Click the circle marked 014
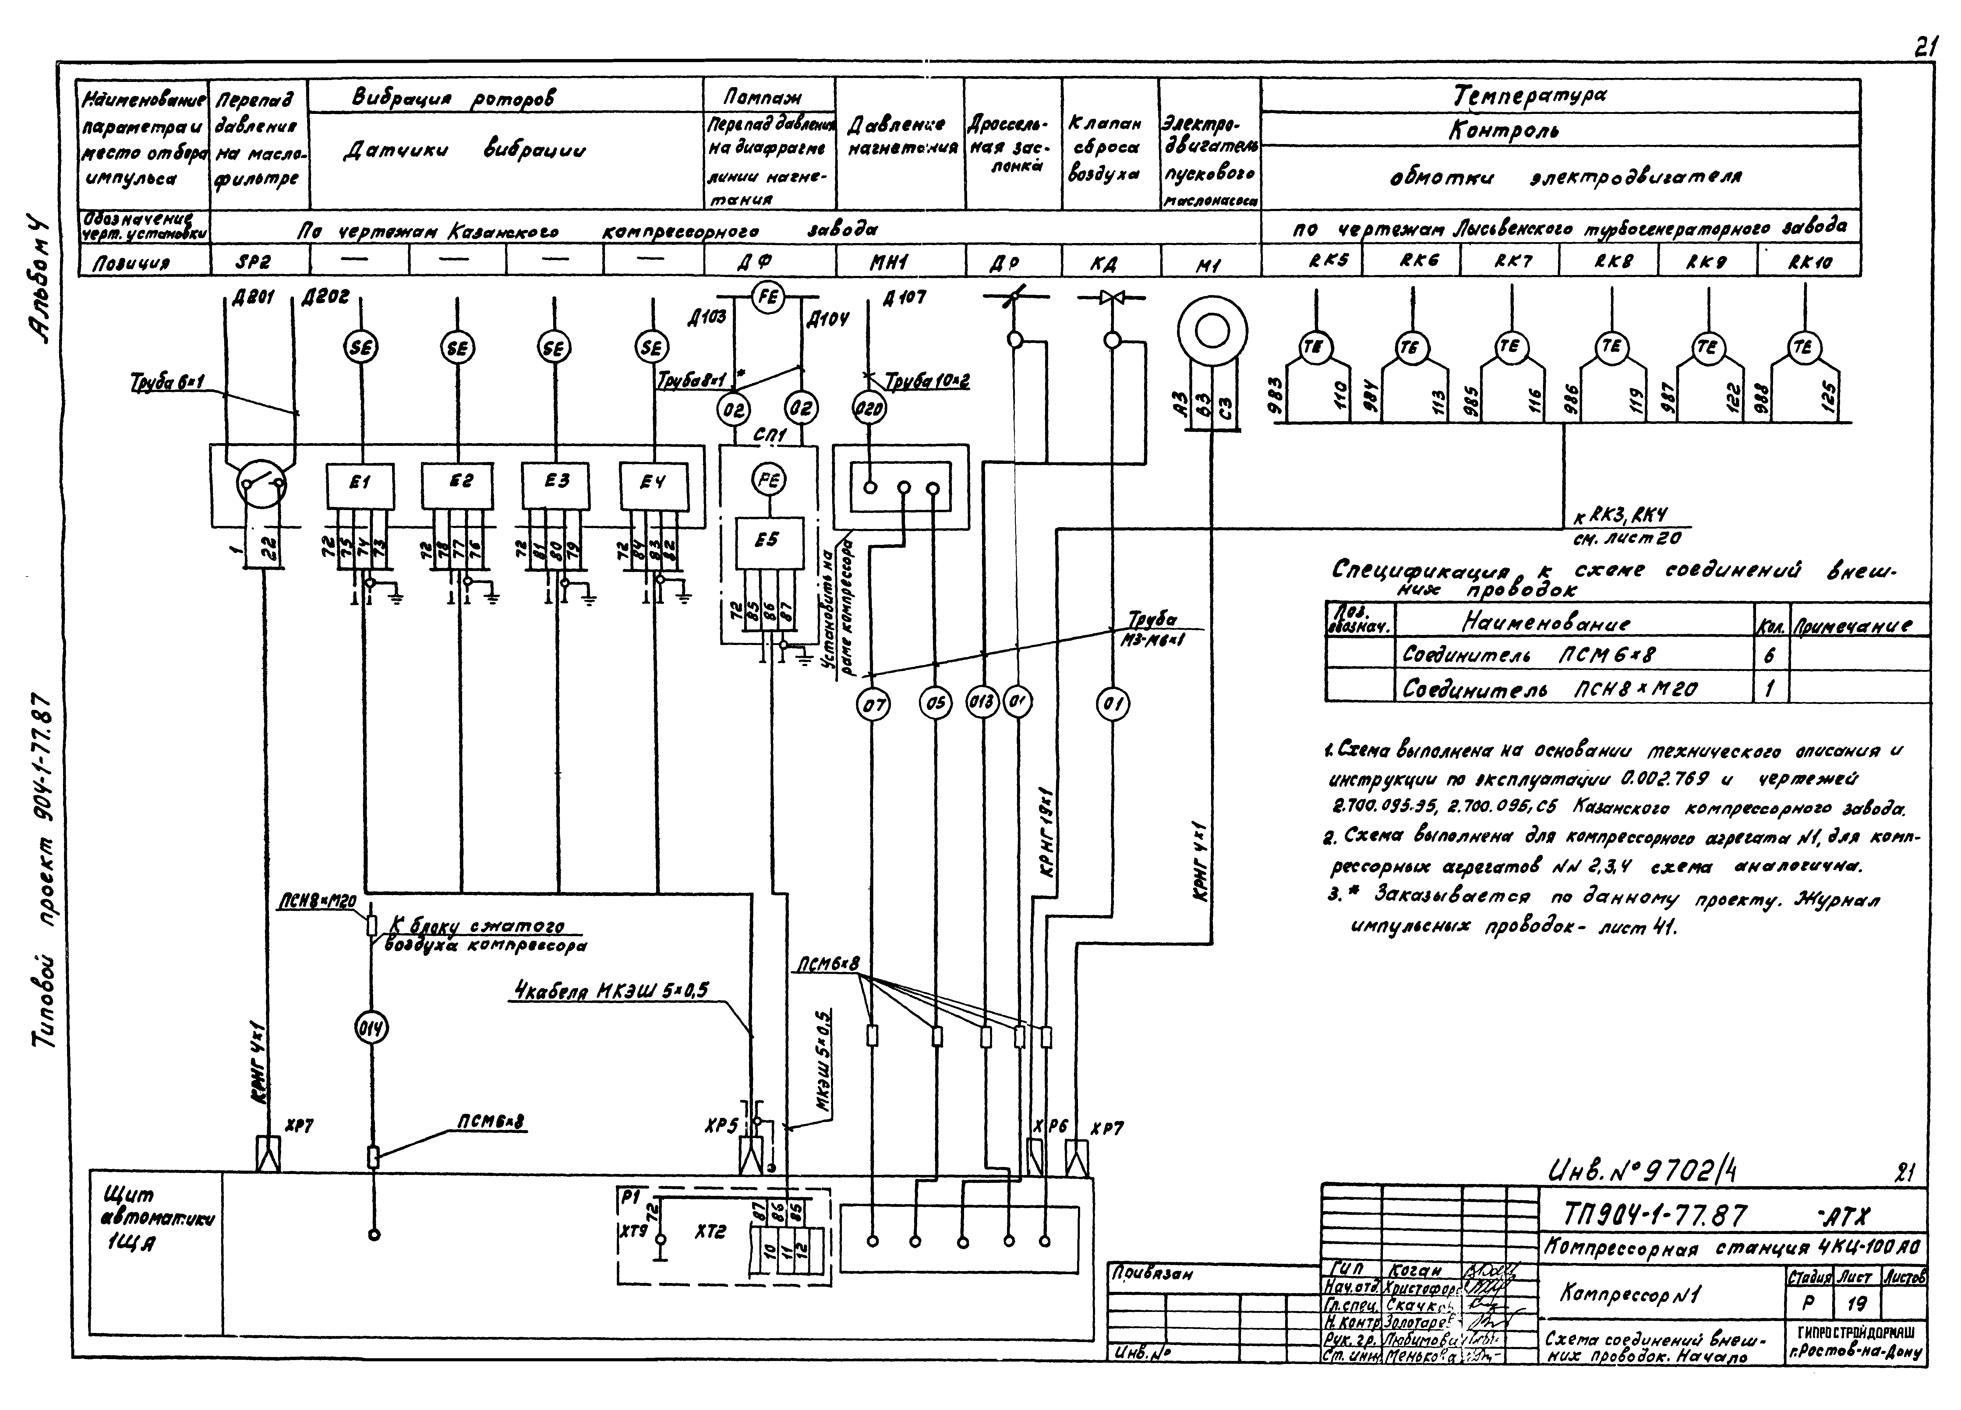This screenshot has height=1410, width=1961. click(373, 1029)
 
